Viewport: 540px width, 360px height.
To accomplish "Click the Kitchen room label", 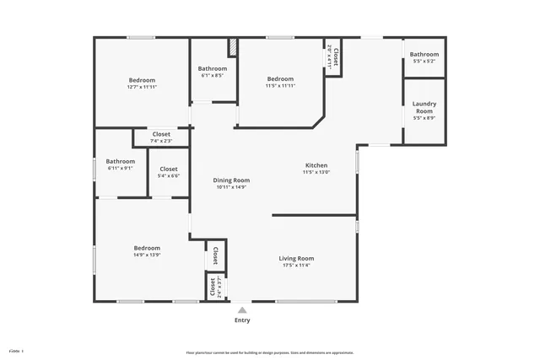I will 316,165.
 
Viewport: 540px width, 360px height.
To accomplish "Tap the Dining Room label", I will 231,180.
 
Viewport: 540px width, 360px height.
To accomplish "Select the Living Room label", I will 296,258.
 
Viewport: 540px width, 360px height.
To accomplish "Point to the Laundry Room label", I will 424,107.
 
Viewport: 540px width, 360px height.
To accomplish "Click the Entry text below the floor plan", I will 242,320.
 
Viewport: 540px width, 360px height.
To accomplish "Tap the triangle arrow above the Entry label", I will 242,309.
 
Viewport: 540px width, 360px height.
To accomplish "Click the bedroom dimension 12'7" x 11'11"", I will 142,87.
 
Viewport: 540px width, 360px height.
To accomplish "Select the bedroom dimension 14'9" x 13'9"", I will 147,255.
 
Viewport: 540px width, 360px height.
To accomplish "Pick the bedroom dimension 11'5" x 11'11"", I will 280,86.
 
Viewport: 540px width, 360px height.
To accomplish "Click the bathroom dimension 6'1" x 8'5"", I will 212,76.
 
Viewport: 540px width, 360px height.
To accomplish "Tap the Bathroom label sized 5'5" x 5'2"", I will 424,54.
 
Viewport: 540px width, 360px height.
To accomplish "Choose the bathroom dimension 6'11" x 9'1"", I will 121,168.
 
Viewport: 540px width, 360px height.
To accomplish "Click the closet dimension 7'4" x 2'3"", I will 161,141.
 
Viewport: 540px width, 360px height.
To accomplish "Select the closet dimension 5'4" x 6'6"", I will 169,176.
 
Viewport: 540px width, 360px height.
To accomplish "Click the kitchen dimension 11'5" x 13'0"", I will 316,173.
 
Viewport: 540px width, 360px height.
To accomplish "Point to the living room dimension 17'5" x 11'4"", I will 296,266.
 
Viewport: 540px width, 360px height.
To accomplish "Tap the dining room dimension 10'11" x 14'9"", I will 231,187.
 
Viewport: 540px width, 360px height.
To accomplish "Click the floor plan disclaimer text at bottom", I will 270,352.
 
